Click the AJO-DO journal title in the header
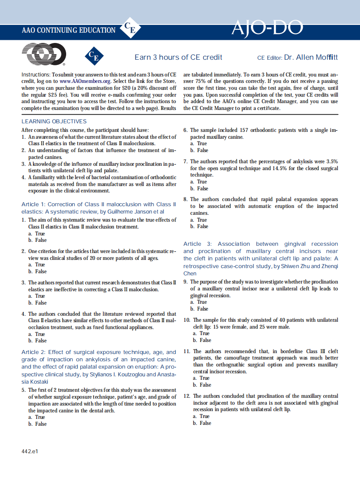point(267,28)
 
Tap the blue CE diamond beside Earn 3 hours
point(94,56)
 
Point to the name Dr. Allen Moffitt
point(311,57)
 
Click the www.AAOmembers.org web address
point(85,81)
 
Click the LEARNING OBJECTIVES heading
point(54,122)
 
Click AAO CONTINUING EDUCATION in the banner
point(69,31)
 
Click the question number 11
point(186,351)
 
